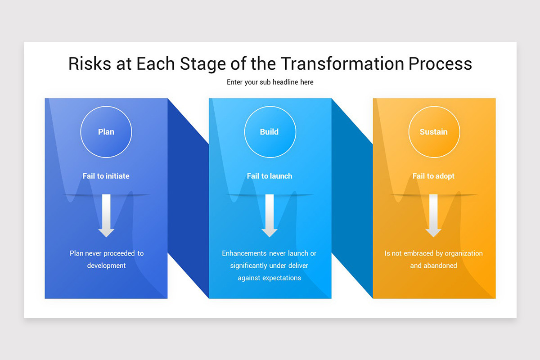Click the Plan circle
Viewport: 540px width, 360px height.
[106, 132]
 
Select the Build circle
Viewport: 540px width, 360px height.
[270, 132]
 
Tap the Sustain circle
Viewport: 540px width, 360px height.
[434, 132]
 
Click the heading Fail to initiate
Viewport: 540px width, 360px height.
[106, 176]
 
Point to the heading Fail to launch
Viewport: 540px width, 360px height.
[270, 176]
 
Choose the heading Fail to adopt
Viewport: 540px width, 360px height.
[433, 176]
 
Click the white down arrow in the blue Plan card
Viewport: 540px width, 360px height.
[106, 216]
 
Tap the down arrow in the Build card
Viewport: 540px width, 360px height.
[270, 216]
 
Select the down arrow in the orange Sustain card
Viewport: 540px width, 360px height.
[433, 216]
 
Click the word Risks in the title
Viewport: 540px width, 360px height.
[89, 64]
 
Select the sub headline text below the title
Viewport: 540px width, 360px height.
[270, 82]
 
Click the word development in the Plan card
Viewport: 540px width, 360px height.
[107, 265]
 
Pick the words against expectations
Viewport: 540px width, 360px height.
[270, 278]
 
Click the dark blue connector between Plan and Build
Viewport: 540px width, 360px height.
[188, 198]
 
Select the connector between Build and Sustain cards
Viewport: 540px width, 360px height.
[352, 198]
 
